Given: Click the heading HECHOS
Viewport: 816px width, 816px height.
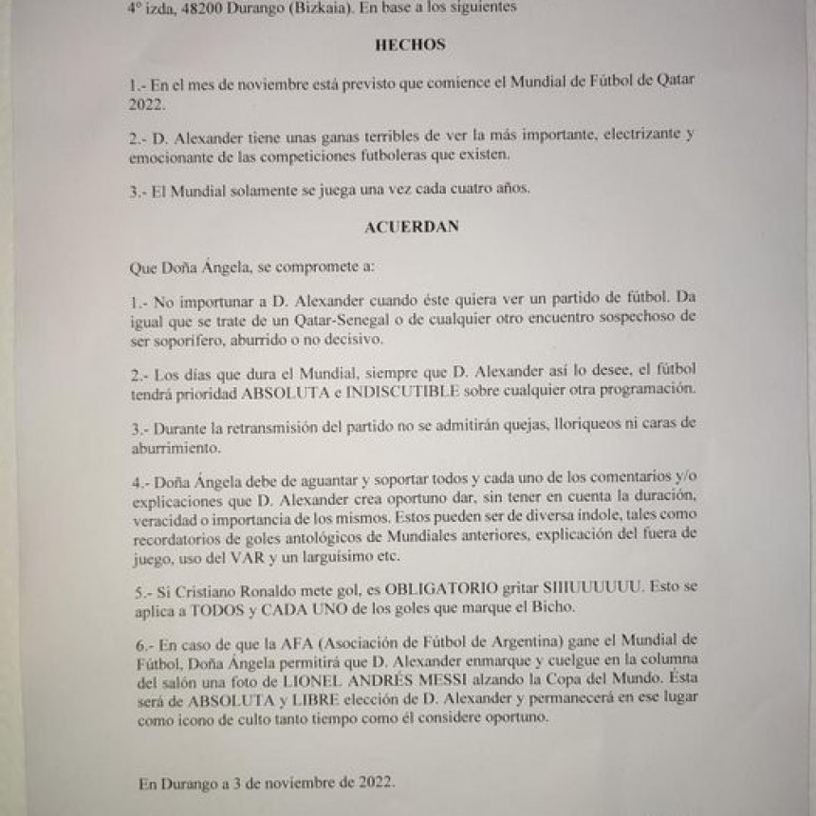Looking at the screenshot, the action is pos(410,46).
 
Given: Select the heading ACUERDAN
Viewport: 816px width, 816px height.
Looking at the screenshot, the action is pos(411,228).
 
